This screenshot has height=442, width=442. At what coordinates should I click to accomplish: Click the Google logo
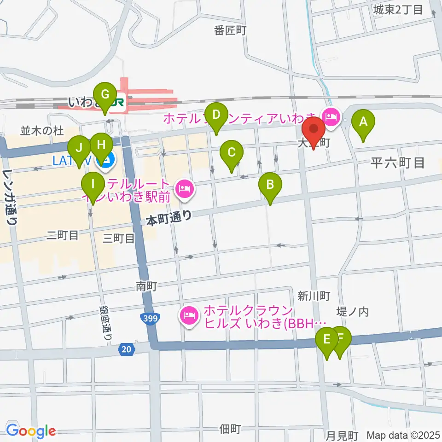pyautogui.click(x=31, y=431)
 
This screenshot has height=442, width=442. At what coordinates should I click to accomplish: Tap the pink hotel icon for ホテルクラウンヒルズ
pyautogui.click(x=188, y=315)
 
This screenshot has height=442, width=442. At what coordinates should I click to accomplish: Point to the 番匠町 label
pyautogui.click(x=231, y=31)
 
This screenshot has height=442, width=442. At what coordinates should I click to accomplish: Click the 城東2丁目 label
pyautogui.click(x=398, y=9)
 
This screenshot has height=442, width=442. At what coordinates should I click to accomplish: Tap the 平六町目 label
pyautogui.click(x=397, y=163)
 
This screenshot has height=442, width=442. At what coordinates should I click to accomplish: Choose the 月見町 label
pyautogui.click(x=342, y=435)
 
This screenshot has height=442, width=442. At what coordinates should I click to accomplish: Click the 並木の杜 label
pyautogui.click(x=41, y=131)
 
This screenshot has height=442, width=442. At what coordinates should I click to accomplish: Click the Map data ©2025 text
pyautogui.click(x=403, y=435)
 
